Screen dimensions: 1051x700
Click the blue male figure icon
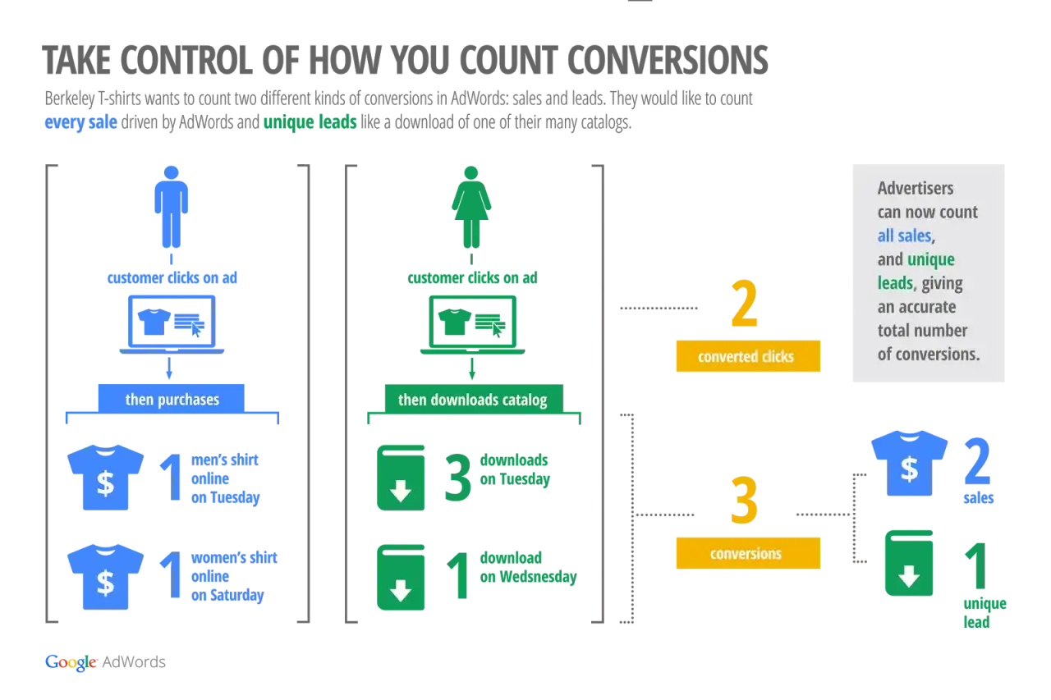click(172, 207)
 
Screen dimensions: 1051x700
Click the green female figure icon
click(471, 207)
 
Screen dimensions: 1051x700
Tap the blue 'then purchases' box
click(172, 399)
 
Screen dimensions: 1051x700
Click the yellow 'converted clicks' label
click(748, 356)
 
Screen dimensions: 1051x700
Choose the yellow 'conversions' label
click(748, 553)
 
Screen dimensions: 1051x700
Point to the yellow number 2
click(745, 304)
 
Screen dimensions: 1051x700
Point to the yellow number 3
click(745, 500)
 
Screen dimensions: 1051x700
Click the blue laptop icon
click(172, 324)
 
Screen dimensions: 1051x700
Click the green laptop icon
click(472, 324)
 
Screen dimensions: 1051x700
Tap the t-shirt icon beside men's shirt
click(106, 478)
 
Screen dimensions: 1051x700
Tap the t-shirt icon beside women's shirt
click(106, 577)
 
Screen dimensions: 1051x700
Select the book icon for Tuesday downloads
click(401, 478)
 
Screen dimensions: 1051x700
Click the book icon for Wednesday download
click(401, 577)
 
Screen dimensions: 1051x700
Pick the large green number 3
click(457, 477)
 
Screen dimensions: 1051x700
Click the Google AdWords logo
click(105, 662)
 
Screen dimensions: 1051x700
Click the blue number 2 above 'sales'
click(977, 461)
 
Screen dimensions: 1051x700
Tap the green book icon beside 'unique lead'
click(909, 563)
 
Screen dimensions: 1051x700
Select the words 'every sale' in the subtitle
click(80, 122)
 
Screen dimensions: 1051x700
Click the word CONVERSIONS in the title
click(668, 60)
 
